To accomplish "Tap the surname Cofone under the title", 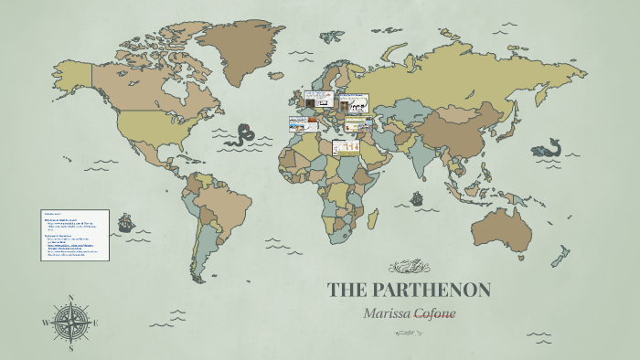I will [435, 312].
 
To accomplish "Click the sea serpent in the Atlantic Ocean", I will [243, 136].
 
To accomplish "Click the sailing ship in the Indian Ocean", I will [417, 198].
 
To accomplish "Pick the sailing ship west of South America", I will [125, 222].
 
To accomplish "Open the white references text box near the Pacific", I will [76, 235].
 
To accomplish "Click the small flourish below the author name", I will [410, 333].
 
